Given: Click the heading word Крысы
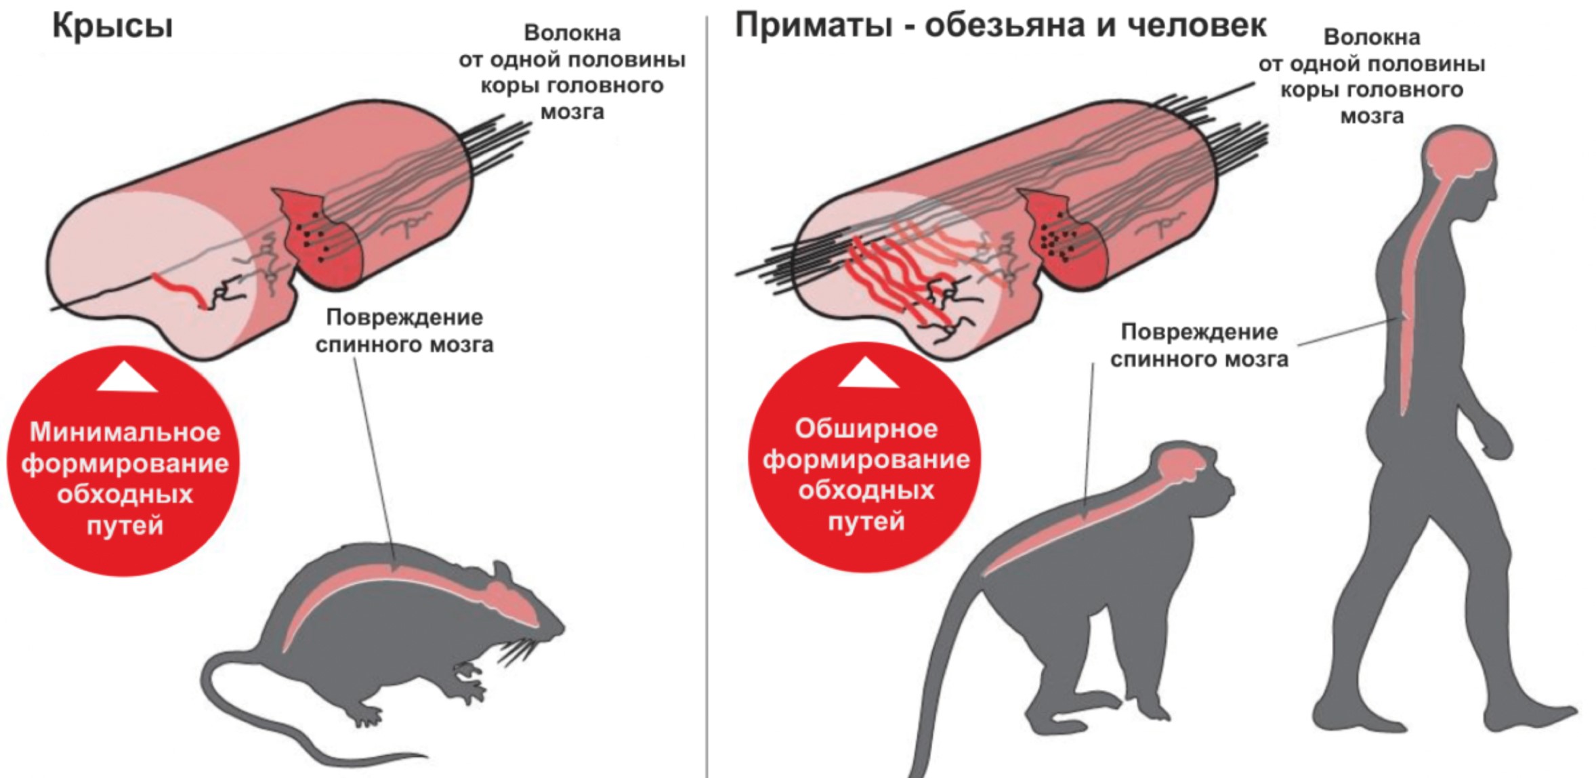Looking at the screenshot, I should point(112,26).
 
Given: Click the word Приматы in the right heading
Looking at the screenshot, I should point(813,26).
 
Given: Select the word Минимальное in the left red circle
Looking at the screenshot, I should point(125,432).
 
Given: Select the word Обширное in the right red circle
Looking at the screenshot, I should point(866,429).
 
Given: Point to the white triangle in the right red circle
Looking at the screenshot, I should point(868,374).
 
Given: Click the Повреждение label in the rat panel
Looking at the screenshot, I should point(404,318).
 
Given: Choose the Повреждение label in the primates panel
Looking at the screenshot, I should point(1199,332).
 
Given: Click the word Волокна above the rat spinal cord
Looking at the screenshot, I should point(572,33).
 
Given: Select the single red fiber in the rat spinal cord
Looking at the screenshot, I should point(180,289).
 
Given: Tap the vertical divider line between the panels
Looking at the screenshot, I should point(707,407).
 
